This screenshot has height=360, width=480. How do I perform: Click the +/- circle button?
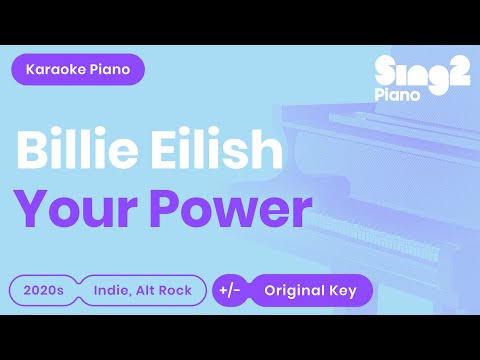[x=227, y=291]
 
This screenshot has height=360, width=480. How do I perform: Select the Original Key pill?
[x=311, y=291]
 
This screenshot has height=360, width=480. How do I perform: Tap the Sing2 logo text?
[x=420, y=71]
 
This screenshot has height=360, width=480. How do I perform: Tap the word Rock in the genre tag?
[x=170, y=291]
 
